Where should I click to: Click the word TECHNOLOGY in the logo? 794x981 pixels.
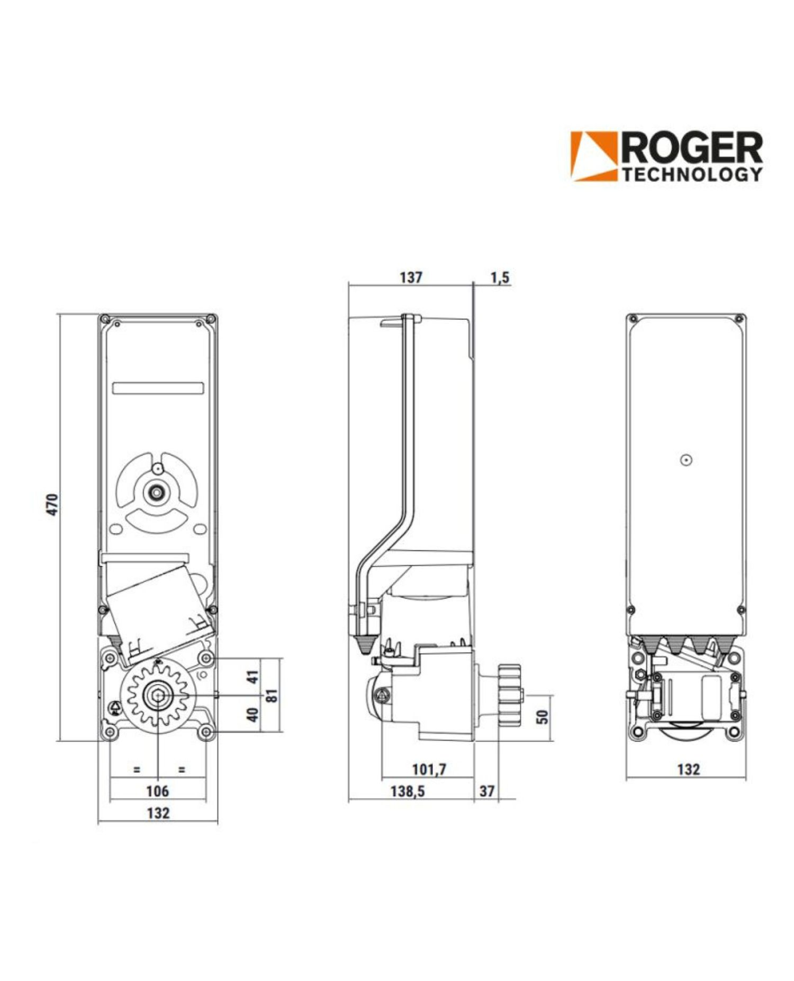click(691, 174)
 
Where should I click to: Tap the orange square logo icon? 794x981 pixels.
click(594, 156)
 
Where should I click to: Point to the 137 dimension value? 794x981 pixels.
click(411, 277)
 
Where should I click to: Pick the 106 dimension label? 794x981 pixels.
click(157, 791)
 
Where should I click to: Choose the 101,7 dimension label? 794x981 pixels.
click(429, 769)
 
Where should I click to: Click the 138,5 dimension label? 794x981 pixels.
click(407, 791)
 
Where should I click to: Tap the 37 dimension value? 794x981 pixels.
click(486, 791)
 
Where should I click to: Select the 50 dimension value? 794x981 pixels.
click(543, 717)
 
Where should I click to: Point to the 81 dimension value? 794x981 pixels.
click(273, 695)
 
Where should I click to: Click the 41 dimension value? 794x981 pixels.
click(254, 676)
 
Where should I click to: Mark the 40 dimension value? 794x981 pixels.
click(254, 715)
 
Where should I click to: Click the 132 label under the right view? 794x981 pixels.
click(688, 769)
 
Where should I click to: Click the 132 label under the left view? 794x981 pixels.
click(158, 813)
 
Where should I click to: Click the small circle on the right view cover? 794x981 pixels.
click(686, 460)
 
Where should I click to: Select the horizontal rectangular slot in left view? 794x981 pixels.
click(158, 388)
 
